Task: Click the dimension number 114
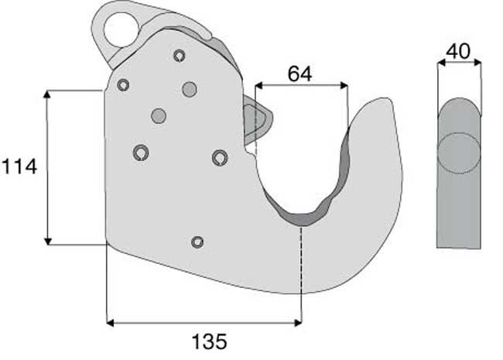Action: pyautogui.click(x=19, y=166)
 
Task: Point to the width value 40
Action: pyautogui.click(x=459, y=53)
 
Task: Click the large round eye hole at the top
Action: pyautogui.click(x=121, y=31)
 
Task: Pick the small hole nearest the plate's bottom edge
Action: pyautogui.click(x=197, y=242)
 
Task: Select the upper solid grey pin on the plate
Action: pyautogui.click(x=190, y=89)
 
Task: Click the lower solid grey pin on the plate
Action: pyautogui.click(x=159, y=116)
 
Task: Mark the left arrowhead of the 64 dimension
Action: pyautogui.click(x=258, y=84)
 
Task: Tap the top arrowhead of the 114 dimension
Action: pyautogui.click(x=48, y=94)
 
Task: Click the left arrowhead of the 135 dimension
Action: pyautogui.click(x=109, y=321)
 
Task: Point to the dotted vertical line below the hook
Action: pyautogui.click(x=301, y=271)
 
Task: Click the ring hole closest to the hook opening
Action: pyautogui.click(x=220, y=157)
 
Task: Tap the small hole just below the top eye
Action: pyautogui.click(x=180, y=55)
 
